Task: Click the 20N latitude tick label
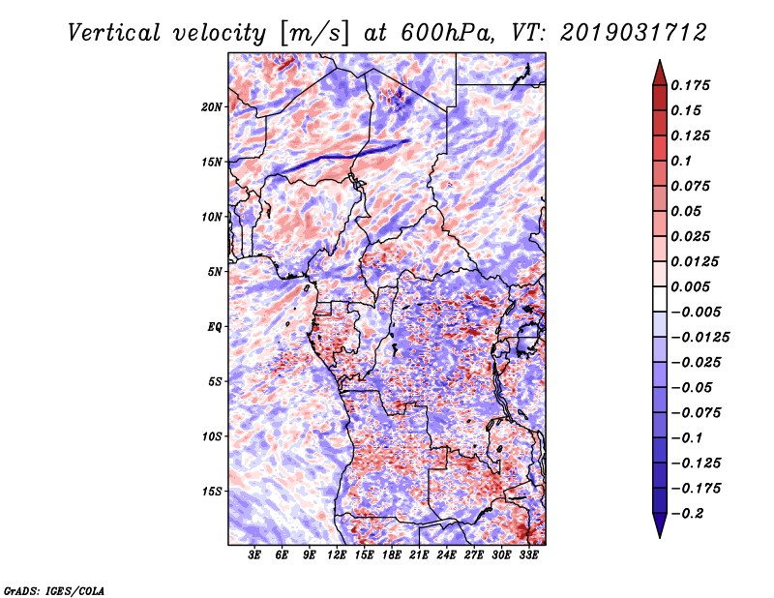coord(212,107)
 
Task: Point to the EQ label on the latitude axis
coord(215,327)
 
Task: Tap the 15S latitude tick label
coord(212,492)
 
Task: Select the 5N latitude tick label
coord(215,272)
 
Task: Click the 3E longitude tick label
coord(254,555)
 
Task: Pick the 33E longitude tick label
coord(528,555)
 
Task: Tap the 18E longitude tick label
coord(392,555)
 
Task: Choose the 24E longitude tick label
coord(446,555)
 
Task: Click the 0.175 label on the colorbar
coord(690,85)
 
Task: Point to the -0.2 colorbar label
coord(687,514)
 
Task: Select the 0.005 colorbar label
coord(690,286)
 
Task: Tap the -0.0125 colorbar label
coord(700,338)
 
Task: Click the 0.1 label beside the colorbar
coord(681,161)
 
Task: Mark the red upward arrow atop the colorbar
coord(660,73)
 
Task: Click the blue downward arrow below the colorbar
coord(660,525)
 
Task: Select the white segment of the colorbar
coord(660,299)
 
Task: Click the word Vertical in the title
coord(114,33)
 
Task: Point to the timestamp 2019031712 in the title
coord(634,33)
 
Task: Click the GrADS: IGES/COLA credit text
coord(54,591)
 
